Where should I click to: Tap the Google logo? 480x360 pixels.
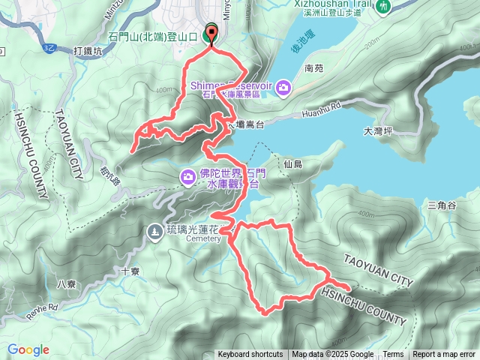coord(28,349)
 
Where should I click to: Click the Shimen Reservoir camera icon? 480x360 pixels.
coord(283,88)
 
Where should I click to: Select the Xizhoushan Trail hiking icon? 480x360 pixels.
coord(384,6)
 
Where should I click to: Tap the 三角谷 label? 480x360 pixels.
coord(441,205)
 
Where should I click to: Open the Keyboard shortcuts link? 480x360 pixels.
coord(250,355)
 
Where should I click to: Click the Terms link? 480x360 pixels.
coord(393,355)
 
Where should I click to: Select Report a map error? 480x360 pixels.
coord(445,355)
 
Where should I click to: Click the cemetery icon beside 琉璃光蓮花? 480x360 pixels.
coord(154,231)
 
